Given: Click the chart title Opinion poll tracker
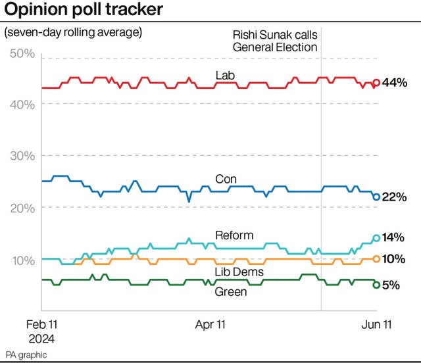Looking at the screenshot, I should click(x=84, y=11).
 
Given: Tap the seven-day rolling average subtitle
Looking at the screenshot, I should click(x=73, y=32).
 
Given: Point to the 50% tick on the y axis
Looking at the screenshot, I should click(x=22, y=53).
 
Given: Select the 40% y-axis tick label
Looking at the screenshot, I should click(x=22, y=104).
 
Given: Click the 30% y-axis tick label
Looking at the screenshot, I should click(x=22, y=156).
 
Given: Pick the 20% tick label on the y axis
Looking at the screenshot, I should click(x=22, y=207).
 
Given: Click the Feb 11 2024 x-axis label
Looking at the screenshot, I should click(x=41, y=331).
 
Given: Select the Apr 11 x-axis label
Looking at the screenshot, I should click(x=212, y=324).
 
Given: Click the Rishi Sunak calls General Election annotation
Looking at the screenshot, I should click(x=275, y=41).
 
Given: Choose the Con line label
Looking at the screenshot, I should click(x=226, y=179).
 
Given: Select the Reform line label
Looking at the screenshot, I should click(x=234, y=235).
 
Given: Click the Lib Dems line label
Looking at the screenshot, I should click(x=239, y=272).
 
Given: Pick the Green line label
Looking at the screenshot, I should click(x=231, y=291).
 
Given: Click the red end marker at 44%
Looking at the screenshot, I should click(x=376, y=83).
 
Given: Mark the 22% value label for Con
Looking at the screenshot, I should click(x=394, y=197).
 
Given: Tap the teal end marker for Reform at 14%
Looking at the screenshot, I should click(x=376, y=238).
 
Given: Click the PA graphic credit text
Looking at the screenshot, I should click(x=26, y=354).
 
